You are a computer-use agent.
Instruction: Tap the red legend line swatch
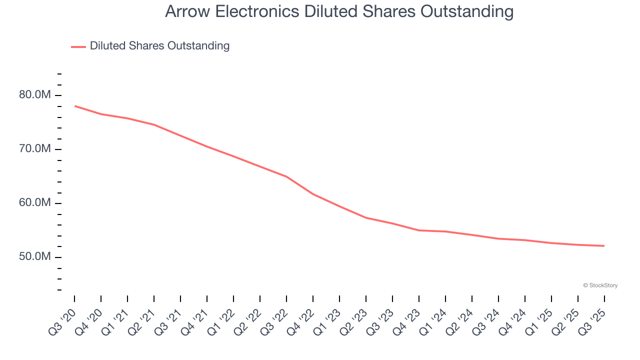click(78, 46)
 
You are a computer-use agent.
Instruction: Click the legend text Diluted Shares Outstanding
click(159, 46)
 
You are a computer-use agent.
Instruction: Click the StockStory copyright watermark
click(600, 285)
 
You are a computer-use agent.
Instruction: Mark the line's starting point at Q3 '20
click(75, 106)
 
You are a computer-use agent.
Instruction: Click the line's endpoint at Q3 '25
click(604, 245)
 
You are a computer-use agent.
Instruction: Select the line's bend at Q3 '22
click(286, 176)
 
